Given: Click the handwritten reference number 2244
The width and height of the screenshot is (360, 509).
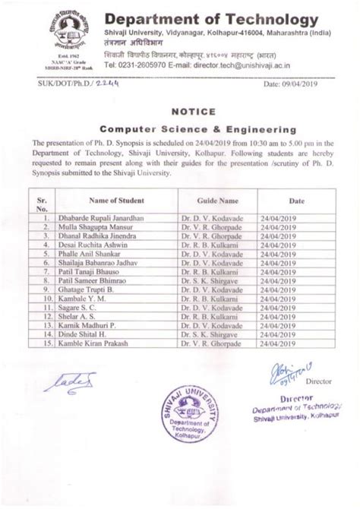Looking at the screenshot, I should (84, 87).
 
